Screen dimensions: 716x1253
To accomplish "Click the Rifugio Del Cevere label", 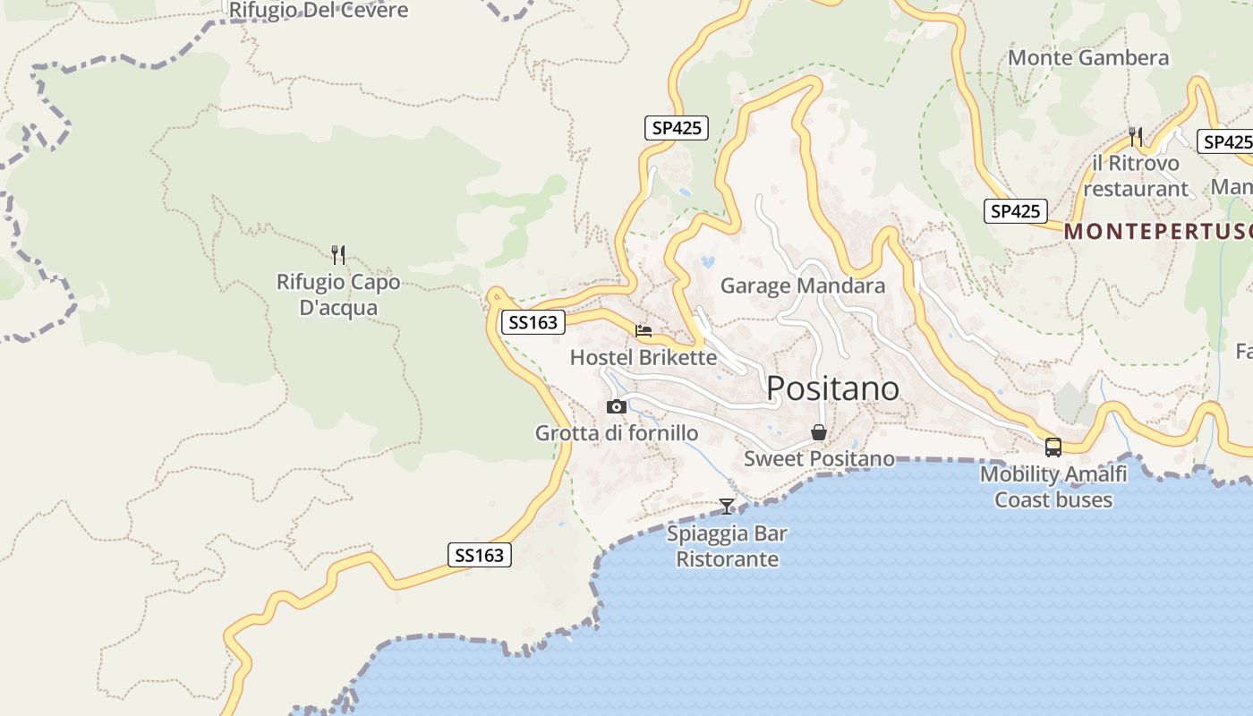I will click(319, 11).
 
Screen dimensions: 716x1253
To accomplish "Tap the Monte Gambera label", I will click(1088, 58).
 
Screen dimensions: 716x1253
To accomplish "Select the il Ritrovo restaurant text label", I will click(1136, 176).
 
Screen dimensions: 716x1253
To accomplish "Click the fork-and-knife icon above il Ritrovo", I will click(1136, 137).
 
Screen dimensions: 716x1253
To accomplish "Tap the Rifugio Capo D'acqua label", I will click(338, 294).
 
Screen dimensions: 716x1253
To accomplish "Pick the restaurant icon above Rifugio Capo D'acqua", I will click(338, 255).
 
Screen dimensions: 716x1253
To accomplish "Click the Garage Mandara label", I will click(803, 286).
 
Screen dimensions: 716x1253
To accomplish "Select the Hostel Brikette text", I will click(644, 358).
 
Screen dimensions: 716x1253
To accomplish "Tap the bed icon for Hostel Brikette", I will click(644, 331).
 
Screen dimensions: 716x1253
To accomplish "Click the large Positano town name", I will click(832, 388).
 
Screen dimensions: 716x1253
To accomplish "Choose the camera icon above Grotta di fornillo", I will click(617, 407).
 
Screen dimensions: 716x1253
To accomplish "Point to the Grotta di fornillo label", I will click(617, 433).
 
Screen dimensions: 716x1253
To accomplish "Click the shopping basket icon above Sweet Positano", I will click(819, 433).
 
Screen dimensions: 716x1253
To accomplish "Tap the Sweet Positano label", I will click(819, 459).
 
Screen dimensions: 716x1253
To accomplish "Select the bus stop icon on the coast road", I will click(1053, 447).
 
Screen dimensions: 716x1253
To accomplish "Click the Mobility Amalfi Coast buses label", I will click(1053, 487).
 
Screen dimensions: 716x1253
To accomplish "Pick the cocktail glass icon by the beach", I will click(727, 507).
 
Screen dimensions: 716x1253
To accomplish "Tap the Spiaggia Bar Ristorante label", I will click(727, 546).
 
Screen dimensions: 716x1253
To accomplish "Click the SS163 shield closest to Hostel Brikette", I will click(533, 322).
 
